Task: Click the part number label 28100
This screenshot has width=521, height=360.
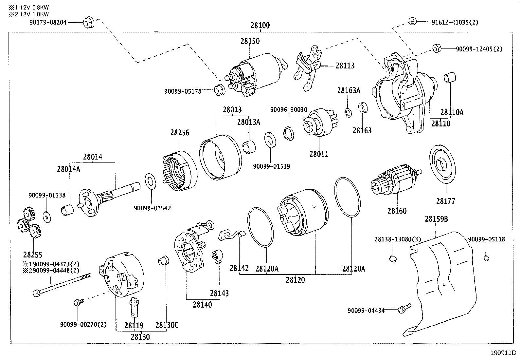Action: pyautogui.click(x=260, y=26)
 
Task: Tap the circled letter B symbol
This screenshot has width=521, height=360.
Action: pyautogui.click(x=412, y=22)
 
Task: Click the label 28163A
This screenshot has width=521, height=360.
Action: pyautogui.click(x=349, y=90)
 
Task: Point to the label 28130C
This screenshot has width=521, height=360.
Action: pyautogui.click(x=167, y=325)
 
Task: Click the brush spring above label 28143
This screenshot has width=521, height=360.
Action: pyautogui.click(x=217, y=256)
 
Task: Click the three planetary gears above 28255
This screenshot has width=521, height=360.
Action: pyautogui.click(x=28, y=223)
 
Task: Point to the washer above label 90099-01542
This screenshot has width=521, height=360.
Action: pyautogui.click(x=150, y=181)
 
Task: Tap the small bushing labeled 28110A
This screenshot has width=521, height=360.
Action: pyautogui.click(x=448, y=79)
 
